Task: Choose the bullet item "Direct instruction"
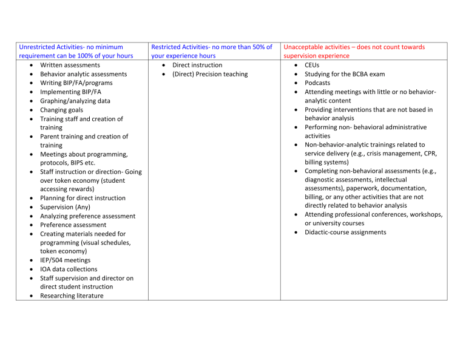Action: [x=197, y=65]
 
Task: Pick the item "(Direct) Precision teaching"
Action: [x=210, y=74]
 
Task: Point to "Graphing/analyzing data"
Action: [x=75, y=101]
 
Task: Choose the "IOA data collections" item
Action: [x=69, y=269]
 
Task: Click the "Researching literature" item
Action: [x=72, y=296]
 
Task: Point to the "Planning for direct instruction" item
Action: [x=83, y=198]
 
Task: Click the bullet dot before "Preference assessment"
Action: [x=31, y=225]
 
